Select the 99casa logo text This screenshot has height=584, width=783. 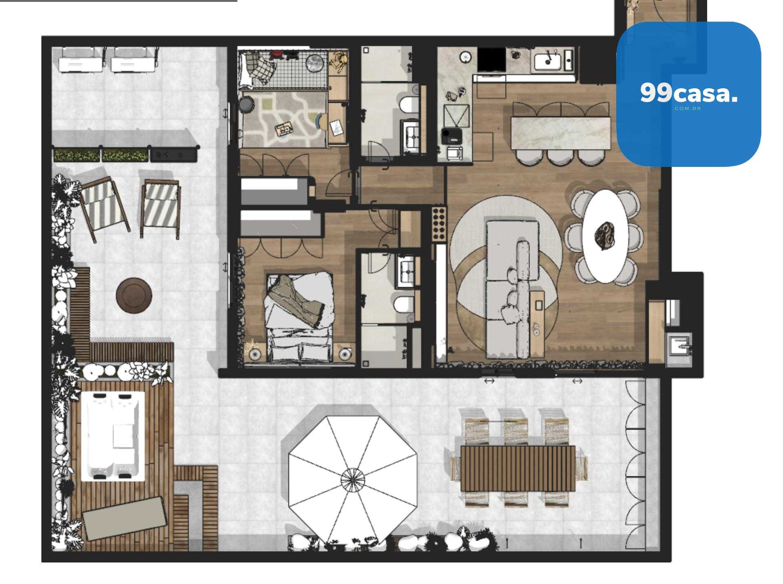point(688,93)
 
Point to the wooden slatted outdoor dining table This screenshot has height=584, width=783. point(518,468)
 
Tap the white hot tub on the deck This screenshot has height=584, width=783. point(113,436)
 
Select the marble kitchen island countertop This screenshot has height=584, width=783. point(560,133)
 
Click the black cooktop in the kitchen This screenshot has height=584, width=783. point(491,60)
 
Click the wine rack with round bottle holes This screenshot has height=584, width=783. point(439,224)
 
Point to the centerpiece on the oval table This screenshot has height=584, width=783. point(605,236)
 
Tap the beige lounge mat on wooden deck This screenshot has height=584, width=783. point(124,517)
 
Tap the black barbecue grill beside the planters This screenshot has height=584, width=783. point(174,155)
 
